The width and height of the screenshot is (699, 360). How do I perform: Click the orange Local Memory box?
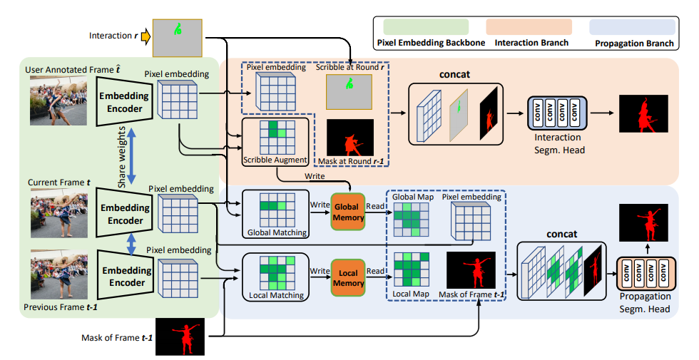click(x=347, y=277)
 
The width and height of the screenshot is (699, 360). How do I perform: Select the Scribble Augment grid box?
click(x=275, y=139)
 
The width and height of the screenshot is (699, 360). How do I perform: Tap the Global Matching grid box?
click(x=276, y=210)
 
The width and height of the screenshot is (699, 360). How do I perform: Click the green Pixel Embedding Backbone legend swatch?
click(x=425, y=27)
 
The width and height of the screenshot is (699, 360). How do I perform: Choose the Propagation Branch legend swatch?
click(x=632, y=27)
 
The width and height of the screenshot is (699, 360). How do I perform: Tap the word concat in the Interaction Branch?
click(x=455, y=74)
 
